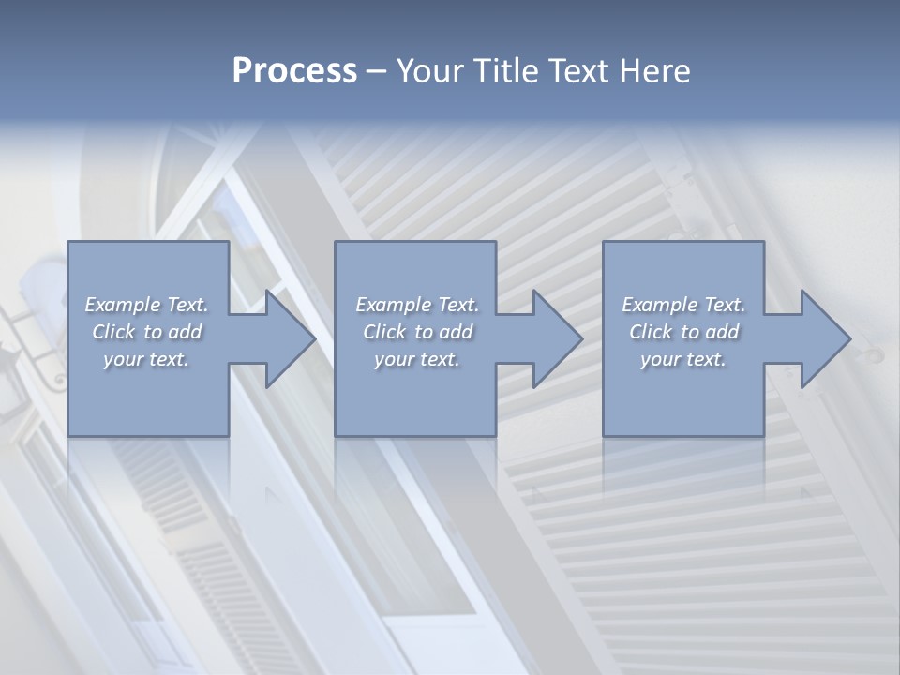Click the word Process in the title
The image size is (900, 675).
click(x=294, y=71)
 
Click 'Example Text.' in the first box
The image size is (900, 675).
click(x=146, y=305)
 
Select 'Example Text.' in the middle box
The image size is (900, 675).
click(x=417, y=305)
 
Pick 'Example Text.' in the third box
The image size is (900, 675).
click(x=683, y=305)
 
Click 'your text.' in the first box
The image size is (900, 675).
click(x=146, y=359)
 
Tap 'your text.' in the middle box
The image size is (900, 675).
click(x=417, y=359)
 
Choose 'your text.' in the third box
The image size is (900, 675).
click(x=683, y=359)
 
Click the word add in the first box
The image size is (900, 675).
click(x=185, y=332)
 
